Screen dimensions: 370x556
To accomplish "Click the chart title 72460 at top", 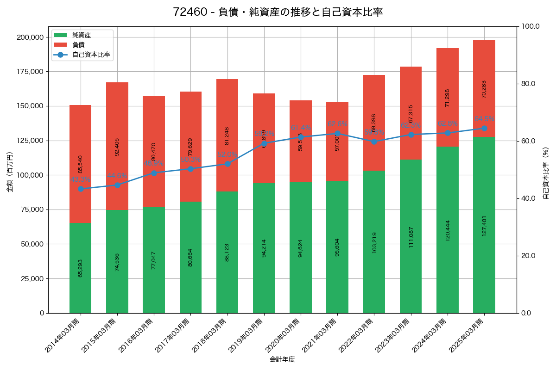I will click(278, 12).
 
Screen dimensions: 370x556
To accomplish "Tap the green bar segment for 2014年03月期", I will click(81, 268).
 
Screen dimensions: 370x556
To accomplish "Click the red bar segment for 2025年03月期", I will click(484, 88).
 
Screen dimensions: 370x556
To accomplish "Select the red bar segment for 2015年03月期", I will click(117, 146).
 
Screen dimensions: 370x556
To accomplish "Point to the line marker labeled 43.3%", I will click(81, 189).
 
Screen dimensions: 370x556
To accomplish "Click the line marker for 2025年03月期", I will click(484, 129).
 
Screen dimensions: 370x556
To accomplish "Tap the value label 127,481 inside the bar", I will click(484, 225).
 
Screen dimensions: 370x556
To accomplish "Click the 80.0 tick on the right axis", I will click(528, 84).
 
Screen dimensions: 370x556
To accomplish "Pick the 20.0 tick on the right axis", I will click(528, 256).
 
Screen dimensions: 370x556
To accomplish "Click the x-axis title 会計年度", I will click(282, 359).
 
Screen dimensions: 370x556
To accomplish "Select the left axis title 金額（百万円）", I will click(10, 172).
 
